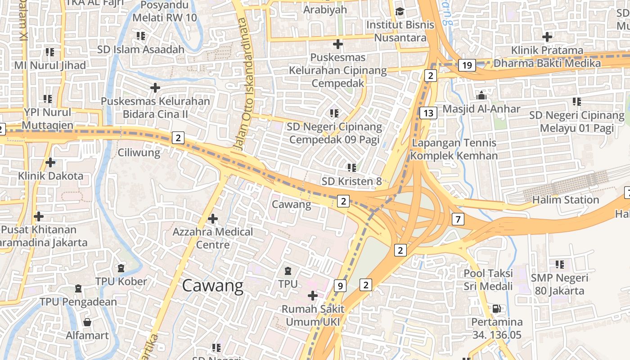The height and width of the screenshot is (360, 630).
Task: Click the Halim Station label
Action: click(565, 199)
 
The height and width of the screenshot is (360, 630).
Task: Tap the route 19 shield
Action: click(467, 66)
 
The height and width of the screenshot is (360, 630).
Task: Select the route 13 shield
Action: click(428, 113)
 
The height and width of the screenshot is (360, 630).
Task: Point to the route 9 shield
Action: click(340, 285)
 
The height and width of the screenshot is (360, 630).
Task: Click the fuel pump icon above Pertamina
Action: click(497, 308)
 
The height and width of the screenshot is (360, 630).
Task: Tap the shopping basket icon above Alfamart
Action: click(87, 322)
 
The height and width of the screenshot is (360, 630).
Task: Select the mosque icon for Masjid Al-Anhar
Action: click(481, 95)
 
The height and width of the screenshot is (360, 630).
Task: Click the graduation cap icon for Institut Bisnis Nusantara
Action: click(400, 11)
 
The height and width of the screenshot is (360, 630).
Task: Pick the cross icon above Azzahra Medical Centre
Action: click(213, 219)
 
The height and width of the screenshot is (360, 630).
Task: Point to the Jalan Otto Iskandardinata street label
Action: click(243, 83)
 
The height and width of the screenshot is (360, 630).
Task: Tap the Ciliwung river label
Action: click(139, 153)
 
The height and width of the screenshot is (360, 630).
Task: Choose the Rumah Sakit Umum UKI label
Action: click(312, 315)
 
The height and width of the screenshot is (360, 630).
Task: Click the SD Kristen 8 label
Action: click(351, 181)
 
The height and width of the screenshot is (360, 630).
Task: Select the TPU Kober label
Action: click(121, 282)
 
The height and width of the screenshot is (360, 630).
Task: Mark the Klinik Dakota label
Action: click(50, 176)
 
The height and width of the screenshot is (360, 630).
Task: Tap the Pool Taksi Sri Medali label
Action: click(488, 279)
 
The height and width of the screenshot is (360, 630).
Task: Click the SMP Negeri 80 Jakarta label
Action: click(559, 284)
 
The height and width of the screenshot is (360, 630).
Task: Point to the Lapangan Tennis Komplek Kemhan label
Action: click(454, 149)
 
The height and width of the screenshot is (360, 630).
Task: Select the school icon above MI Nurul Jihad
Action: click(49, 52)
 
